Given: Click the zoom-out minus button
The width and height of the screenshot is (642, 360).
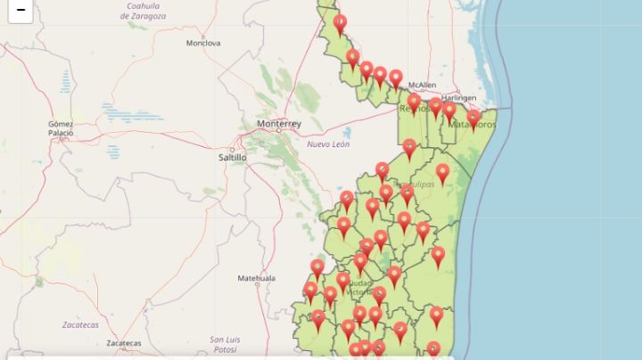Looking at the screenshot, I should coord(20,10).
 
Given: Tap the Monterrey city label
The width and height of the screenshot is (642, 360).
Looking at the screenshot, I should coord(278,123).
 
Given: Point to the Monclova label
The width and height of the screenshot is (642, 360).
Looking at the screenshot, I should coord(202,43).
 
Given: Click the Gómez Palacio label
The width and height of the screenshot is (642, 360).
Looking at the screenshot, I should coord(61,128).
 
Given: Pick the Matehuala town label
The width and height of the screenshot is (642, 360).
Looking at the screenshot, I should coord(256,278).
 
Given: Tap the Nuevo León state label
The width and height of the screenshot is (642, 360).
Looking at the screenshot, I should coord(328,143).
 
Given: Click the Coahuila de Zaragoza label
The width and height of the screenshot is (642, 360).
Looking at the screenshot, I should coord(148,11).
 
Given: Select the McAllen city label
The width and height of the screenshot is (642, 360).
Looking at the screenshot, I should coord(422,86).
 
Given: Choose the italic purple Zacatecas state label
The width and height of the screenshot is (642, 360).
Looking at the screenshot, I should coord(80,325).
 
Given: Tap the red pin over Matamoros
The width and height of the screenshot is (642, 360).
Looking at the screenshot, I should coord(473,117).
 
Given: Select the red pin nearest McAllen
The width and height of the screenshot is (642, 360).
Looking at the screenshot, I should coord(396,78).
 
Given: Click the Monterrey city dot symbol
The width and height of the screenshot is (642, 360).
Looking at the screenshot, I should coord(278,131).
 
